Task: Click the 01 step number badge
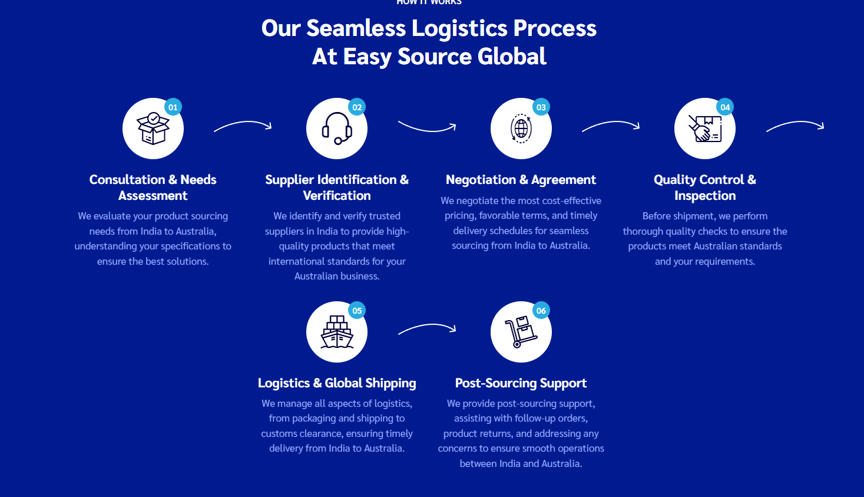pos(173,107)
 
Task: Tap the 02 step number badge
pos(357,107)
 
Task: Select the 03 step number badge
pos(541,107)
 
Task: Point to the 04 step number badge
pos(725,107)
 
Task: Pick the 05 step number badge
pos(357,311)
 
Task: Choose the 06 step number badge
pos(541,311)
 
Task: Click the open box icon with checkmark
pos(153,129)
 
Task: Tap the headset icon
pos(336,129)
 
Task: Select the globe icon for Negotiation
pos(521,129)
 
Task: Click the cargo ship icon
pos(336,333)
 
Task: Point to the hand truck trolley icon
pos(521,333)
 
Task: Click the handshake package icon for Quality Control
pos(704,129)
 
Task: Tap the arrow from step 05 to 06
pos(427,328)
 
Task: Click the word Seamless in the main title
pos(356,28)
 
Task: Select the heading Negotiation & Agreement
pos(521,180)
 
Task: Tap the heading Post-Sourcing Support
pos(521,383)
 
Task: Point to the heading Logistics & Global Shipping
pos(337,383)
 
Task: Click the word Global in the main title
pos(512,57)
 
